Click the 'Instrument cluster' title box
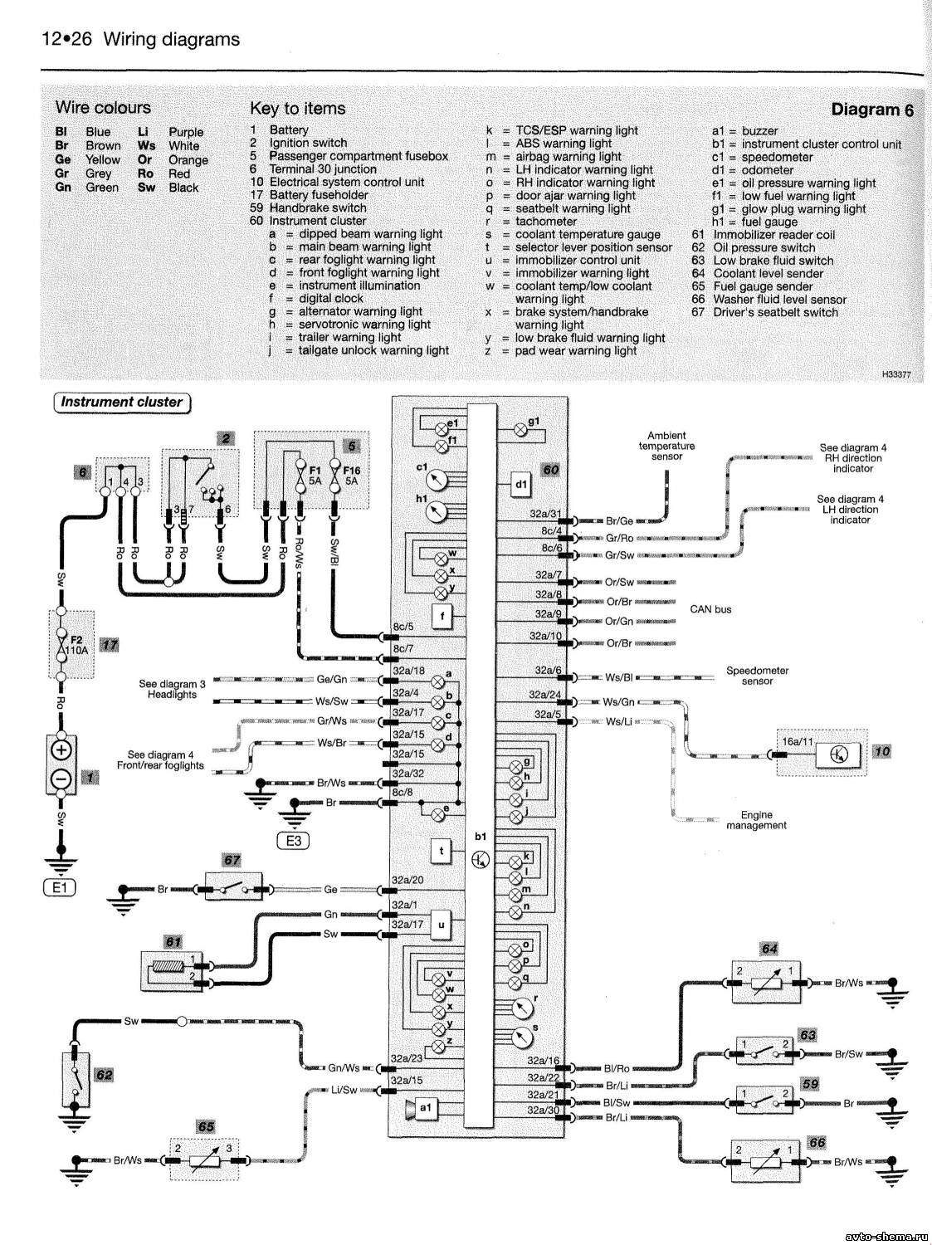[x=121, y=403]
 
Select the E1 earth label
[x=59, y=887]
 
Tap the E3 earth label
[x=293, y=841]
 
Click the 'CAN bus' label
[x=710, y=609]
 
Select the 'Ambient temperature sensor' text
[x=666, y=446]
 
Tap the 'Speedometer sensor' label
[x=757, y=676]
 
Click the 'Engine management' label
[x=756, y=820]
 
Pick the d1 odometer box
[x=520, y=484]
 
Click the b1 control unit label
[x=481, y=837]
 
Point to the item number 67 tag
[x=232, y=860]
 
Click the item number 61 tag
[x=173, y=941]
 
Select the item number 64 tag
[x=769, y=949]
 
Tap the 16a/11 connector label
[x=797, y=741]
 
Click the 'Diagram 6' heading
[x=871, y=110]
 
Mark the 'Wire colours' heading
[x=103, y=108]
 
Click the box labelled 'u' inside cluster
[x=441, y=924]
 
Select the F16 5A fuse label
[x=351, y=475]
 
